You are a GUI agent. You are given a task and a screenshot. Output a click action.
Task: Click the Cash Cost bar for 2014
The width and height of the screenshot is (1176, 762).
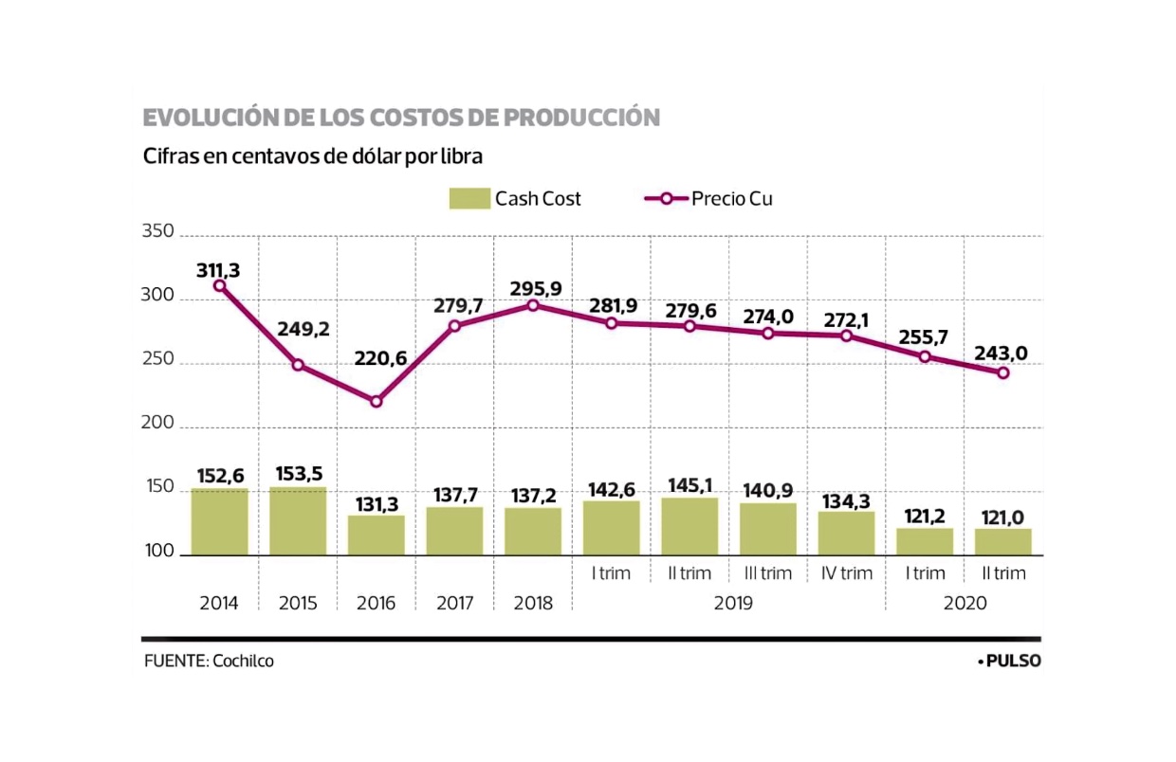coord(219,521)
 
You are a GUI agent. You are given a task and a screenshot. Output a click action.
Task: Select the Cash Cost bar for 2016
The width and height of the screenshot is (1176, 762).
coord(376,535)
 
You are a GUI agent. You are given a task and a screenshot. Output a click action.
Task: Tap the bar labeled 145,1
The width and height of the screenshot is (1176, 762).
coord(689,526)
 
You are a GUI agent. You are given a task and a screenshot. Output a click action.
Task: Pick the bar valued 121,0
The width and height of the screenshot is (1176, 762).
coord(1002,541)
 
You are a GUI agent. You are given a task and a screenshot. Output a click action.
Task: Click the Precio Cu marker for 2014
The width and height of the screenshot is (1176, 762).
coord(219,285)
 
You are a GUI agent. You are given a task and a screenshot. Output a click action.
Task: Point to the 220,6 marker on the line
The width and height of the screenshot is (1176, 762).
coord(376,401)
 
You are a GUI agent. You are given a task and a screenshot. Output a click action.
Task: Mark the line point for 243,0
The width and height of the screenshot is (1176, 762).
coord(1002,372)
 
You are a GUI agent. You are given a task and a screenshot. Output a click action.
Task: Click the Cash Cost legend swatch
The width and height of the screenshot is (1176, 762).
coord(469,199)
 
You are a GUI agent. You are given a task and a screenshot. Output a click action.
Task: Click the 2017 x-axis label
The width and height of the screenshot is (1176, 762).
coord(454,604)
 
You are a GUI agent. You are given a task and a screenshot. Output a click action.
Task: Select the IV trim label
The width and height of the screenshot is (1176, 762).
coord(846,573)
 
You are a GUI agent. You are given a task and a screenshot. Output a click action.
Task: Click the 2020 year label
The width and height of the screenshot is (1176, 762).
coord(965,604)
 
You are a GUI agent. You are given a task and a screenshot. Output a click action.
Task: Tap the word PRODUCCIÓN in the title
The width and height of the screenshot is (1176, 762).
coord(581,118)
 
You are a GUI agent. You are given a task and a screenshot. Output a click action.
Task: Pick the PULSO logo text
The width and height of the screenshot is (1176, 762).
coord(1012,662)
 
